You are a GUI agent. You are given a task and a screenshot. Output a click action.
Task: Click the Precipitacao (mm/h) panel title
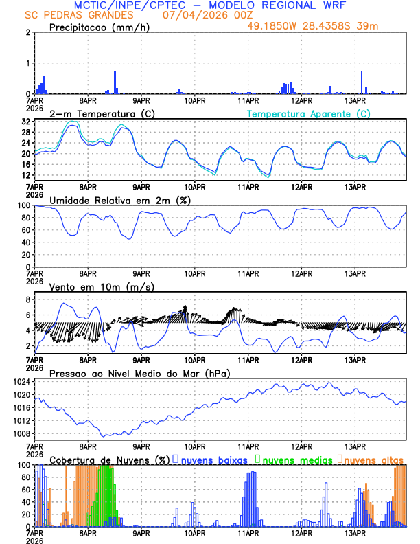pos(100,27)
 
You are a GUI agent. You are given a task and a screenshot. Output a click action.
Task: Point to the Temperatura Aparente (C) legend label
pos(308,113)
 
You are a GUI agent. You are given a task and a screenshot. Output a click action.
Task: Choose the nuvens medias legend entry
pos(296,459)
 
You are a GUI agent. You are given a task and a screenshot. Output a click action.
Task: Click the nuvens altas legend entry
pos(374,459)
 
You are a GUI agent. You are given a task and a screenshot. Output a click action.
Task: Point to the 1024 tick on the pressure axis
pos(24,382)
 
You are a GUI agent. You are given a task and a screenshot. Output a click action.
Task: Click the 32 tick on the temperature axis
pos(27,121)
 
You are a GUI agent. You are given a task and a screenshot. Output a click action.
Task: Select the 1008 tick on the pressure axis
pos(24,433)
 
